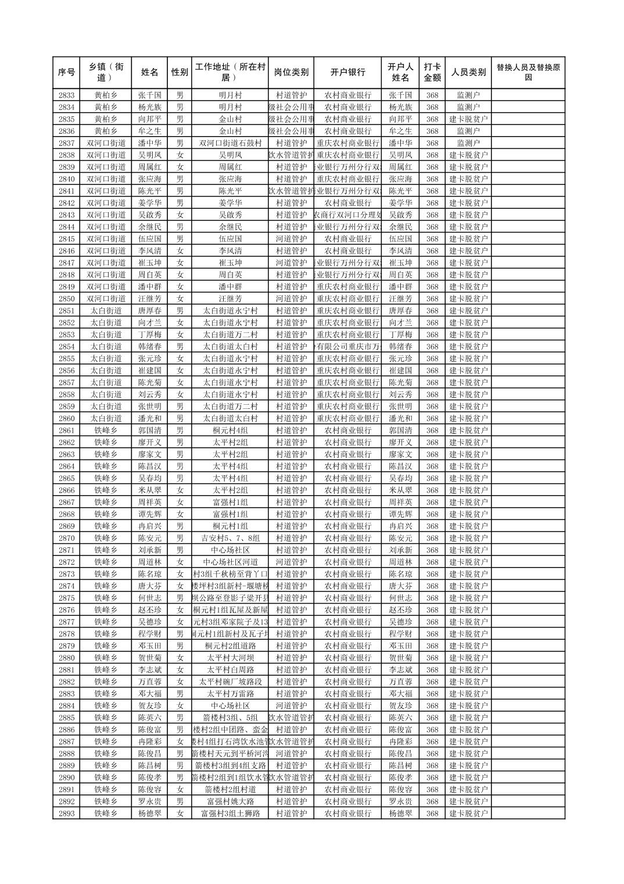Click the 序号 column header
66,73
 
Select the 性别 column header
180,73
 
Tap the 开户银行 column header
347,73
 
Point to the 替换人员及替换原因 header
528,73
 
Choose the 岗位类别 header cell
291,73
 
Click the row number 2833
66,95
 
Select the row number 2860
66,418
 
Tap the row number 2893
66,814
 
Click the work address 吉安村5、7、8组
230,538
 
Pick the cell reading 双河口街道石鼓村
230,143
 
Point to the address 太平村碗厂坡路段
230,682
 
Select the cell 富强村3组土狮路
230,814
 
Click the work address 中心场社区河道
230,562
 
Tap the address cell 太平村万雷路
230,694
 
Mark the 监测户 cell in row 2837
468,143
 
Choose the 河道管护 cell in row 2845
291,238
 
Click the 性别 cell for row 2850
180,298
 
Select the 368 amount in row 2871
432,550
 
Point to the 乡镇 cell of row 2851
106,311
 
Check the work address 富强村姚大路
230,801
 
